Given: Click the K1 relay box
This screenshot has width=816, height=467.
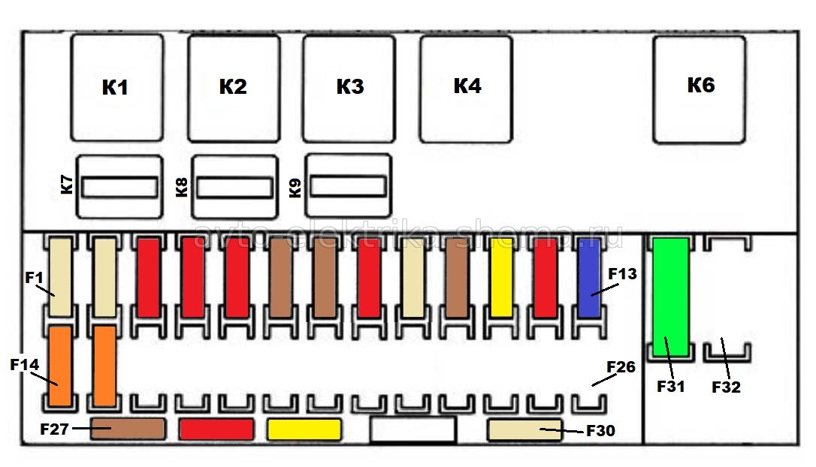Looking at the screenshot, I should coord(116,87).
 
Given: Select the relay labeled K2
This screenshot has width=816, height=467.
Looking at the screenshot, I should coord(234,87).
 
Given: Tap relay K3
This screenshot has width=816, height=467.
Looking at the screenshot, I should coord(349,87).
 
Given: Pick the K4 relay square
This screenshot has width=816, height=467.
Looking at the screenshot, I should coord(466,87).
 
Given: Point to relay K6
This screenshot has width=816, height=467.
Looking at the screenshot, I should coord(700,87).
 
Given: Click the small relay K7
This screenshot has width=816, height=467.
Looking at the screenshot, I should coord(120,186).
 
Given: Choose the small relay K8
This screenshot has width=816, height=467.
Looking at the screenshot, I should coord(235,186).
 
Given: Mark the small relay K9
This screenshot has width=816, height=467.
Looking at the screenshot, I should coord(349,185).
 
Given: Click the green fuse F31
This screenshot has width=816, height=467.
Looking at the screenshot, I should coord(670,296).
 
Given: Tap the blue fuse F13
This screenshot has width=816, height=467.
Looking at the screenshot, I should coord(588,278).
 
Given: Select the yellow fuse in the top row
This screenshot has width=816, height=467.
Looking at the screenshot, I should coord(501,278).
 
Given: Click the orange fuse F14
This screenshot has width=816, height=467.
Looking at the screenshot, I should coord(60,364).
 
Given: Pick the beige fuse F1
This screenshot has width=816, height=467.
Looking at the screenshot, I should coord(60,278).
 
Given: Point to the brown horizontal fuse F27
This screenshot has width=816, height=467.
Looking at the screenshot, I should coord(127,429).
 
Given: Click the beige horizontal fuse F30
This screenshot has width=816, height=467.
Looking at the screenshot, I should coord(524,429).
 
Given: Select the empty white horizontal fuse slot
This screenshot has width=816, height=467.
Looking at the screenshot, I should coord(413,429).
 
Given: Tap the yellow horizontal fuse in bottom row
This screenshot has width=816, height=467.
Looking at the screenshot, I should coord(304,429).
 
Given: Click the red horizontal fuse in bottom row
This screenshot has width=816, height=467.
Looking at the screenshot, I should coord(216,429).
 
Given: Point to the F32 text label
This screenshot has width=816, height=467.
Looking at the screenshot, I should coord(726,387).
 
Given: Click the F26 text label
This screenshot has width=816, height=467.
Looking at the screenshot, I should coord(621,367).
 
